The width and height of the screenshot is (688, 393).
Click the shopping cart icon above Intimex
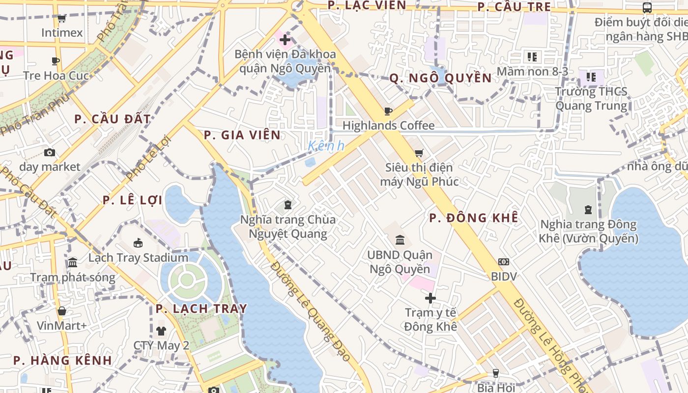[61, 19]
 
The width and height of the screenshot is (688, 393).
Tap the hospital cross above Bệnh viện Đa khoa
[285, 39]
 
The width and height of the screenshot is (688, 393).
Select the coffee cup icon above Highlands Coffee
[388, 111]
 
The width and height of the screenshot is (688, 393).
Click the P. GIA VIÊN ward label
[242, 135]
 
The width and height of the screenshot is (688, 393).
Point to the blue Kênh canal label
[326, 146]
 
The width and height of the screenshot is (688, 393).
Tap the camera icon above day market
[49, 152]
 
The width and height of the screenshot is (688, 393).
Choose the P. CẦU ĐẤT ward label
[113, 119]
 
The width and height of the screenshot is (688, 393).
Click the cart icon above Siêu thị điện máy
[419, 153]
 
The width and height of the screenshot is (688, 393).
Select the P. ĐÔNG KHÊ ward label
[474, 218]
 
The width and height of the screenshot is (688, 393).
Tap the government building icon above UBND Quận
[400, 240]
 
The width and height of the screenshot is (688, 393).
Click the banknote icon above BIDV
[504, 262]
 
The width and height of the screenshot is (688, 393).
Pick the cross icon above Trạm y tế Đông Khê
[430, 298]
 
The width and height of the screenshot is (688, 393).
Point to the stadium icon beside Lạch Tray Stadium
[138, 243]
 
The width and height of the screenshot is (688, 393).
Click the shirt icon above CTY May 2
[161, 331]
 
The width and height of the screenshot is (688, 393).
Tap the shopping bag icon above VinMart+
[61, 311]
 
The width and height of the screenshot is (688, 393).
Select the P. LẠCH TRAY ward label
[201, 309]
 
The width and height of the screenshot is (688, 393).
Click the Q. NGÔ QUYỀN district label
[440, 78]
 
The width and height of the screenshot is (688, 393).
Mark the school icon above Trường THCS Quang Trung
[591, 77]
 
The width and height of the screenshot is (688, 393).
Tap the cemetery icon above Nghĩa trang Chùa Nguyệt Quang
[288, 205]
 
